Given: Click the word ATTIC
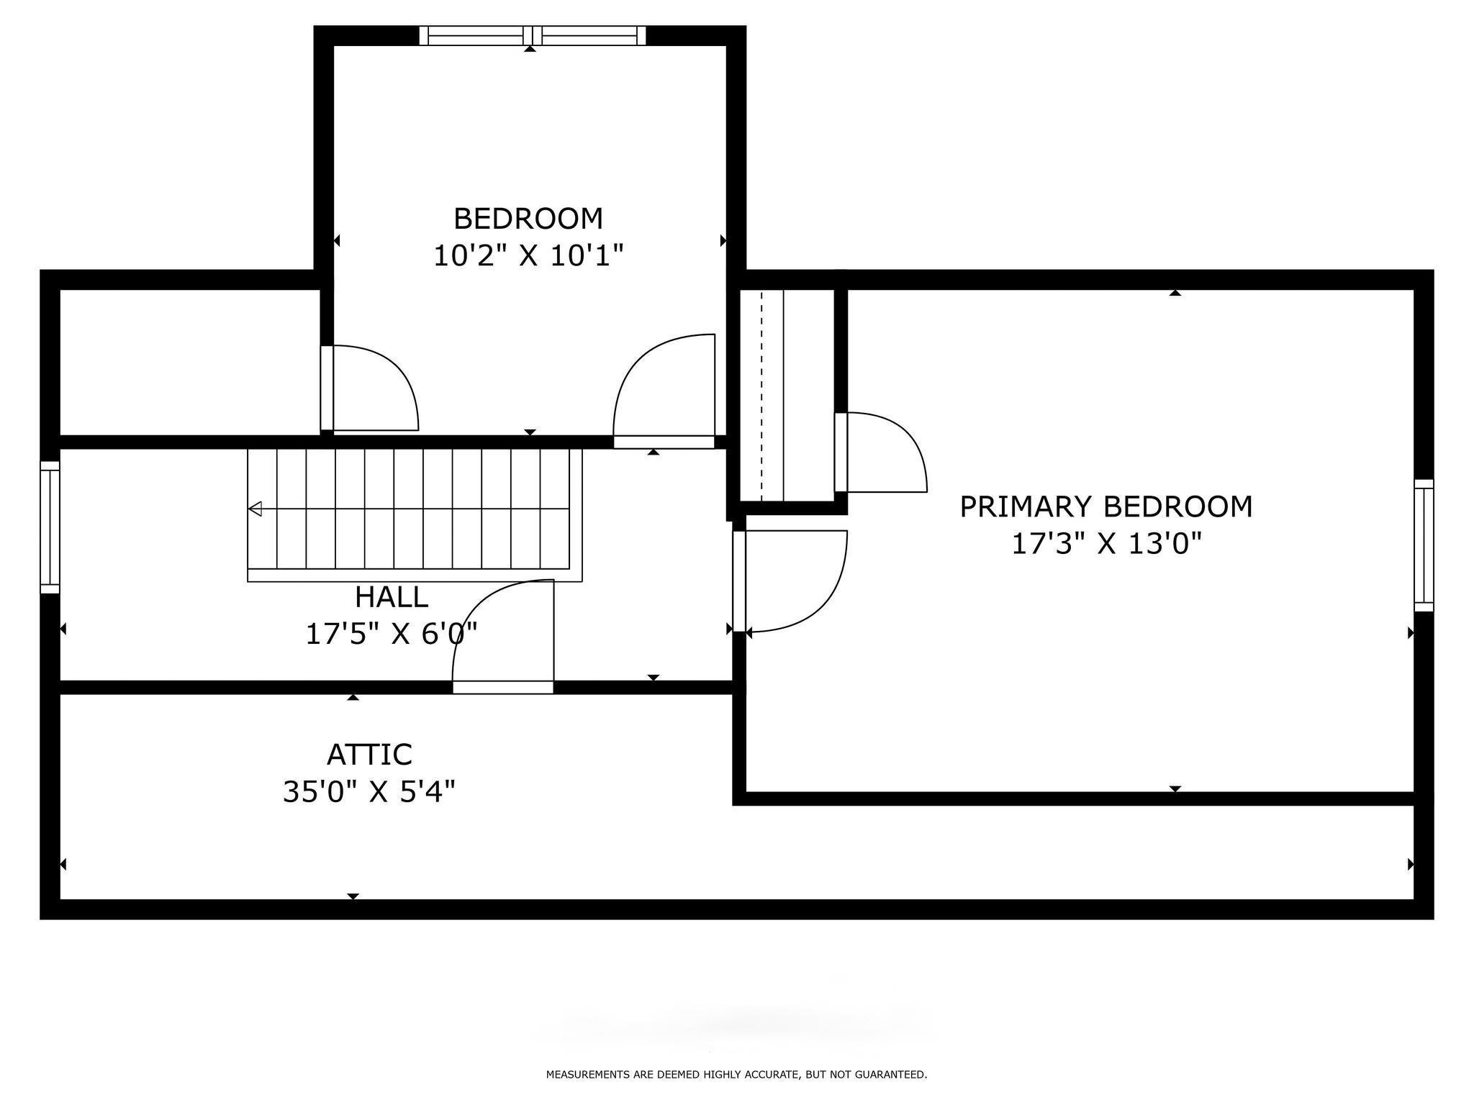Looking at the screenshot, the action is (x=369, y=755).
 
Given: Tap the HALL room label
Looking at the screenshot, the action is (x=392, y=597).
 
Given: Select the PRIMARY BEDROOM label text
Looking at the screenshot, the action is (x=1106, y=506).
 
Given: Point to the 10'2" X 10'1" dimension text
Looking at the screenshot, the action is (x=528, y=255).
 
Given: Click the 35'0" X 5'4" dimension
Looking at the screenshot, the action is (x=368, y=792).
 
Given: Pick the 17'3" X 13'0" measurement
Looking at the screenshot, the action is (x=1107, y=544).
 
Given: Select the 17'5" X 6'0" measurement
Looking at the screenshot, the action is (x=392, y=634).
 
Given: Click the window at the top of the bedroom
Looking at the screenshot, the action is (x=533, y=35).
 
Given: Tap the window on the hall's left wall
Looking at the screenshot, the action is (x=50, y=527).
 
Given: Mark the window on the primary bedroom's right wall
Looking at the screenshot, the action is (x=1424, y=545).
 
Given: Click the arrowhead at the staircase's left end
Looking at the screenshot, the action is (x=255, y=509).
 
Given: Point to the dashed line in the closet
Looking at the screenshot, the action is (x=761, y=395).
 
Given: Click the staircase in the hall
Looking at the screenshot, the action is (x=415, y=515).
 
